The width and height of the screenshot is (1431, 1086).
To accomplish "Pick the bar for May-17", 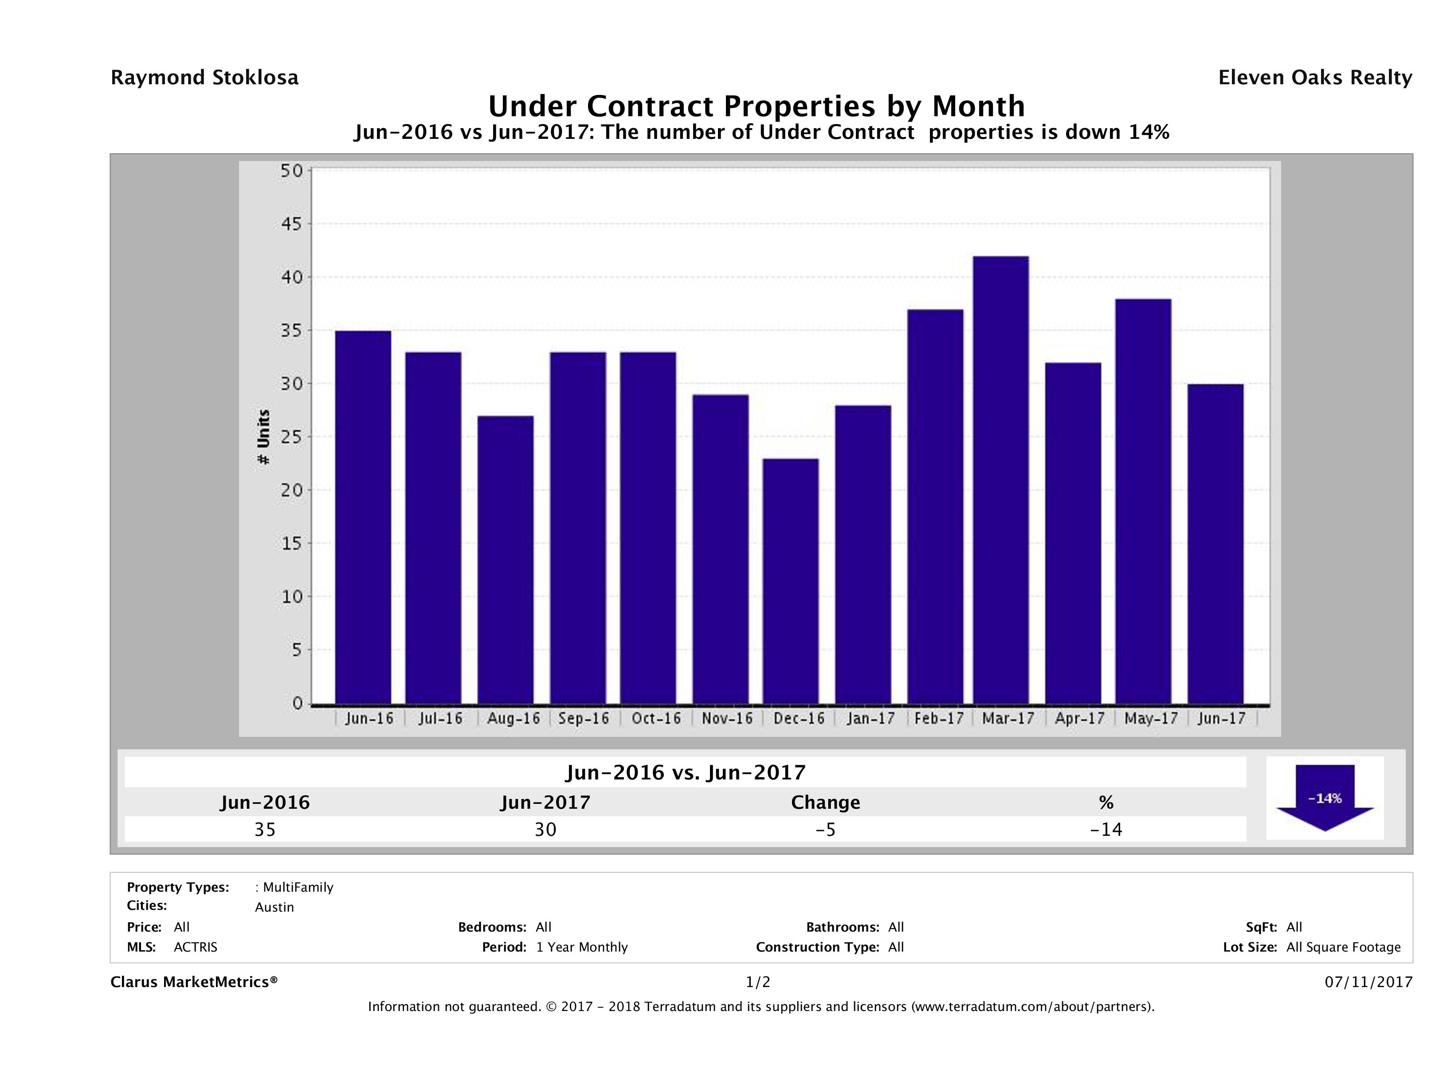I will coord(1143,502).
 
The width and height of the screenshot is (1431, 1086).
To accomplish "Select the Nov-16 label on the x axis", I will coord(727,718).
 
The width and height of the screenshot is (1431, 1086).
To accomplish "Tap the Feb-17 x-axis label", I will coord(939,718).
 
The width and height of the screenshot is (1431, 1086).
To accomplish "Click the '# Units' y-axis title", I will coord(263,437).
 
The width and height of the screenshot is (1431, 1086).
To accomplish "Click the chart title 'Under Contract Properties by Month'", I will coord(756,106).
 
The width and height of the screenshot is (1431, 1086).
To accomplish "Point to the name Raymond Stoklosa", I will coord(204,78).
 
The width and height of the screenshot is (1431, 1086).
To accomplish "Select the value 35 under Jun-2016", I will coord(265,829).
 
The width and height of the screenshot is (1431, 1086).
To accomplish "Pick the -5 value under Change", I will coord(826,829).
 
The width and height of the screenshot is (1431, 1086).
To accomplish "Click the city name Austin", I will coord(274,907).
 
